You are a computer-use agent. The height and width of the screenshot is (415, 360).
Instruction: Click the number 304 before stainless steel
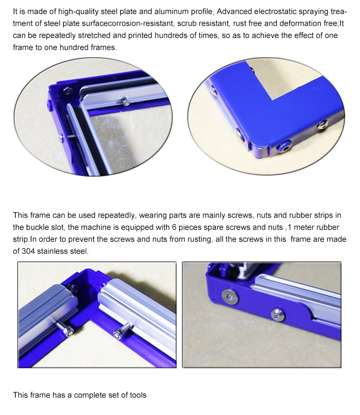pyautogui.click(x=28, y=251)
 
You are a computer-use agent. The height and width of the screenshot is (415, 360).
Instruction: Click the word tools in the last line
pyautogui.click(x=138, y=395)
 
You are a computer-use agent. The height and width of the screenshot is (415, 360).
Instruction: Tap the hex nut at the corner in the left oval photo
pyautogui.click(x=68, y=90)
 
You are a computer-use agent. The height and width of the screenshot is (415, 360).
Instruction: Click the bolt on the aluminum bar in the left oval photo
pyautogui.click(x=126, y=102)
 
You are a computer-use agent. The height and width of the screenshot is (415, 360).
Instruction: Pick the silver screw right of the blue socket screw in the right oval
pyautogui.click(x=322, y=125)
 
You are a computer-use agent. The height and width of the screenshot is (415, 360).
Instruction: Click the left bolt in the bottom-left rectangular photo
pyautogui.click(x=67, y=329)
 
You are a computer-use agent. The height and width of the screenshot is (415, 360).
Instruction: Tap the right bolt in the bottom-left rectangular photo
pyautogui.click(x=120, y=331)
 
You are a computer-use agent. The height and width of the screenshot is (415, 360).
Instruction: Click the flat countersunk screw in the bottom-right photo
pyautogui.click(x=230, y=296)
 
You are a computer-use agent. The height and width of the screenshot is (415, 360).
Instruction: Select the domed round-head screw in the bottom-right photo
pyautogui.click(x=278, y=315)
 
